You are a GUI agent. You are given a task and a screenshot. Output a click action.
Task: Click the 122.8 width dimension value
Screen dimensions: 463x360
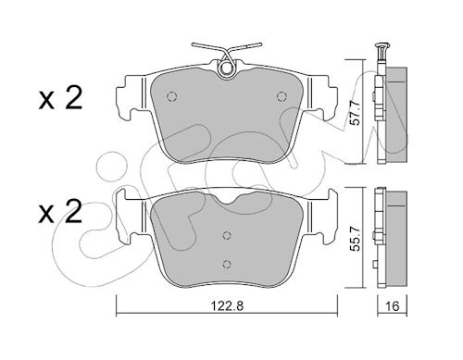(x=227, y=306)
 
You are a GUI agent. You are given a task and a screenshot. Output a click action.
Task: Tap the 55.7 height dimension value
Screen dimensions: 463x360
(x=356, y=238)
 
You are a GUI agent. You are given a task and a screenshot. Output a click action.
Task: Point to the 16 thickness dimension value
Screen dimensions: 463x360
(x=393, y=306)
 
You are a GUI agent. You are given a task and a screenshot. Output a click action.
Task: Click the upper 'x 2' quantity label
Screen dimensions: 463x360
(x=60, y=98)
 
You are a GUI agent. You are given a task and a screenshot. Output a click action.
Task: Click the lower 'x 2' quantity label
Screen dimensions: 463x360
(x=60, y=211)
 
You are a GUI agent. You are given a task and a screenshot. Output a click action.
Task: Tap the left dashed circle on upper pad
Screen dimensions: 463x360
(x=171, y=96)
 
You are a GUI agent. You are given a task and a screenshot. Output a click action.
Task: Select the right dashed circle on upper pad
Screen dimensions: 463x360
(x=282, y=96)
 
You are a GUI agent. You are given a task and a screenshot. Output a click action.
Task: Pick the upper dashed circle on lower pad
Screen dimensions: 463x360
(x=227, y=235)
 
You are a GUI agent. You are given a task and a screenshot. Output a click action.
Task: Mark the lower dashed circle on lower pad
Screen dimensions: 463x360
(x=227, y=264)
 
